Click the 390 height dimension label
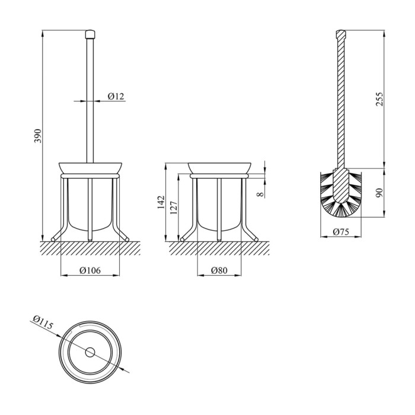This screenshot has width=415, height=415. point(38,136)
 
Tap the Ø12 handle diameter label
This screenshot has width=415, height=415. point(116,96)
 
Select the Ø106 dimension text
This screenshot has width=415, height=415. point(90,270)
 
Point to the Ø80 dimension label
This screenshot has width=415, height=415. point(219,270)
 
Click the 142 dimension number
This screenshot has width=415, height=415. point(161,202)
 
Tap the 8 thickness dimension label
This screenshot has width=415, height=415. point(260,194)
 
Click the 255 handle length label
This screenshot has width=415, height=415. point(379,99)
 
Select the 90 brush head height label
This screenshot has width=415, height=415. point(379,193)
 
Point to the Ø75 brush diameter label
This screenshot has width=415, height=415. point(341,232)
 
